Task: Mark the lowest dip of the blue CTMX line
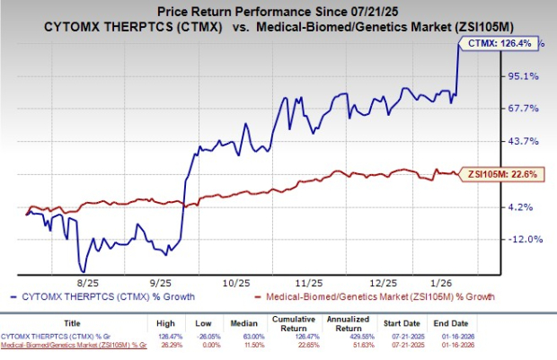pyautogui.click(x=84, y=270)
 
